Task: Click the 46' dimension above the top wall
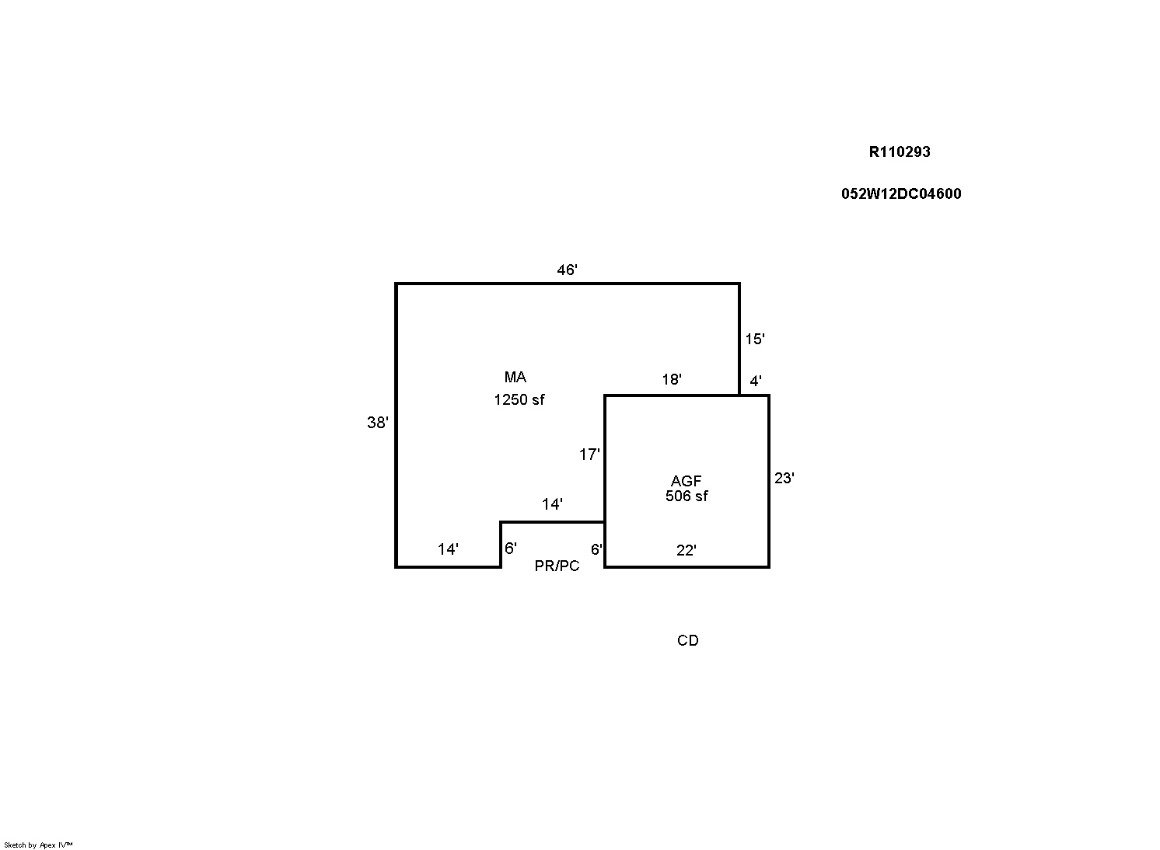click(x=567, y=270)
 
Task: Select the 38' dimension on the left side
click(x=377, y=423)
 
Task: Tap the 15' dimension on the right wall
click(x=754, y=340)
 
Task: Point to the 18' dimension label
click(x=672, y=380)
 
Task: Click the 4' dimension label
click(x=755, y=381)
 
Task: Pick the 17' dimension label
click(x=589, y=455)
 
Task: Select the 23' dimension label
click(x=784, y=479)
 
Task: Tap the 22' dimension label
click(x=686, y=551)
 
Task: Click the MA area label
click(x=515, y=378)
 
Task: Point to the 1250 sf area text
click(x=519, y=400)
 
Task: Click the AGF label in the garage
click(x=686, y=482)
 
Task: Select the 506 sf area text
click(x=687, y=496)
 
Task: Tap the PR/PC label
click(x=557, y=566)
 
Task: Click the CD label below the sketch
click(x=687, y=641)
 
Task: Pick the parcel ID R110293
click(x=899, y=152)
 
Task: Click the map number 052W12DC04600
click(x=900, y=194)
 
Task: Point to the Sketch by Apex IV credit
click(x=38, y=845)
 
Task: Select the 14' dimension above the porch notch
click(x=552, y=505)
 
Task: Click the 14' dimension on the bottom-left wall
click(x=448, y=550)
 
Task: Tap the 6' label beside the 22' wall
click(x=596, y=550)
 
